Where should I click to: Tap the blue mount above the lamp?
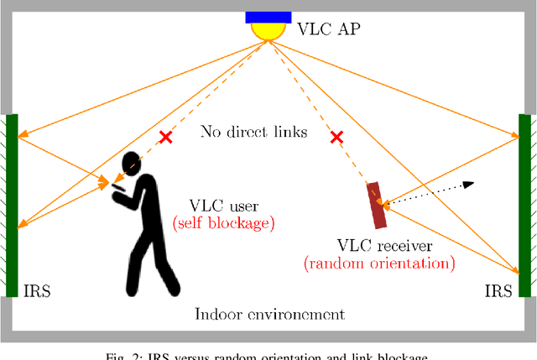pyautogui.click(x=268, y=17)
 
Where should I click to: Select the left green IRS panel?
pyautogui.click(x=12, y=206)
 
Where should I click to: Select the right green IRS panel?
pyautogui.click(x=524, y=206)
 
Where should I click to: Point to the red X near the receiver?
pyautogui.click(x=337, y=137)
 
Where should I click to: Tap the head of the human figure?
pyautogui.click(x=131, y=164)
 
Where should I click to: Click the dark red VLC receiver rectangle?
pyautogui.click(x=376, y=205)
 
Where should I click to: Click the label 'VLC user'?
pyautogui.click(x=222, y=206)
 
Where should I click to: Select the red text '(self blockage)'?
pyautogui.click(x=223, y=224)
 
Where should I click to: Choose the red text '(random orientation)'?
pyautogui.click(x=379, y=263)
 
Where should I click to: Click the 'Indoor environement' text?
pyautogui.click(x=269, y=315)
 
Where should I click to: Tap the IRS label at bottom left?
pyautogui.click(x=36, y=291)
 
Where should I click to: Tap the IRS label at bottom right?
pyautogui.click(x=498, y=291)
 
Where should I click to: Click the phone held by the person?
pyautogui.click(x=117, y=185)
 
